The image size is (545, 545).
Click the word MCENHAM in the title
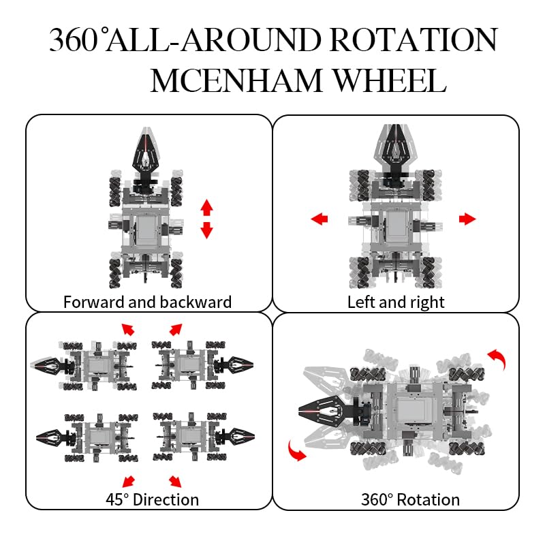click(x=236, y=80)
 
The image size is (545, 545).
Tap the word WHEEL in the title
click(x=390, y=80)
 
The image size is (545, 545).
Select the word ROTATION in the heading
click(x=414, y=40)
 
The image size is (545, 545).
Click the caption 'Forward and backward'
click(x=147, y=302)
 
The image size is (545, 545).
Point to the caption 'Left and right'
click(x=396, y=302)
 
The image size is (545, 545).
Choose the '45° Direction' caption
click(x=152, y=500)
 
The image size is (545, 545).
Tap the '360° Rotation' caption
click(x=411, y=500)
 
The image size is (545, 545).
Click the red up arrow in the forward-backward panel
click(x=207, y=208)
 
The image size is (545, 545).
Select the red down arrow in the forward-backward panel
click(x=207, y=230)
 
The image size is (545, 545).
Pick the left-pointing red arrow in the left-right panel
click(x=319, y=219)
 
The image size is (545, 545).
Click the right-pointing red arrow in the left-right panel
click(x=467, y=219)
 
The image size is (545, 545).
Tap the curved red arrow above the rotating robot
click(x=497, y=359)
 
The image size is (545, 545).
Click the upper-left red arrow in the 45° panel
click(x=128, y=329)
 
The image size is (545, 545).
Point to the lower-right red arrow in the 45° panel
click(x=175, y=482)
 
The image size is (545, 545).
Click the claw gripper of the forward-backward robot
click(x=146, y=153)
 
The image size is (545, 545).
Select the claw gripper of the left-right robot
click(x=395, y=149)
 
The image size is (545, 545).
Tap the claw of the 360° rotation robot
click(x=322, y=411)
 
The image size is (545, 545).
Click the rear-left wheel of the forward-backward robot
click(x=115, y=273)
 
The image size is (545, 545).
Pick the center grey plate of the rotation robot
click(x=411, y=411)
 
